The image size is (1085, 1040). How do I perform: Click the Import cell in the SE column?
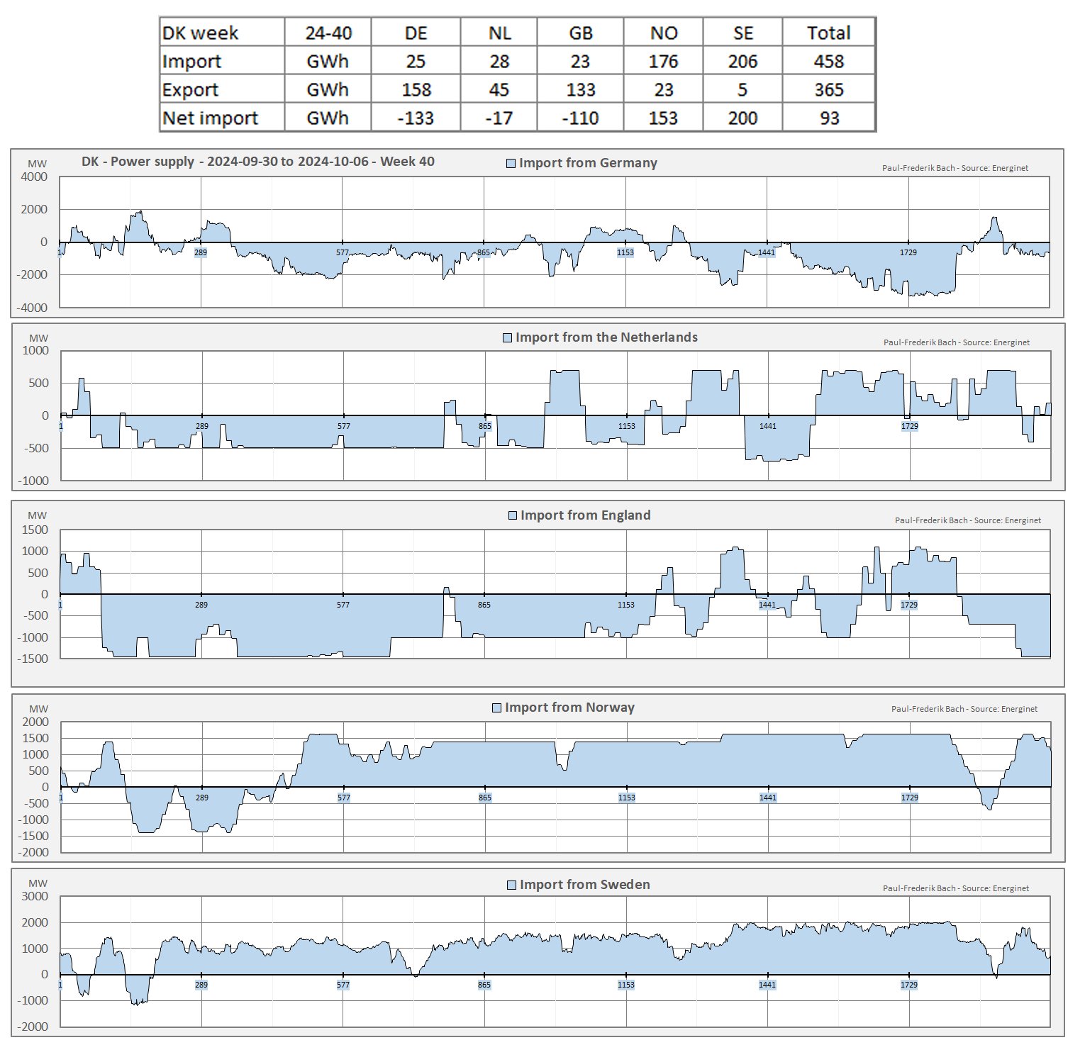742,62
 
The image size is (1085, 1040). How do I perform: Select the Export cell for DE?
416,90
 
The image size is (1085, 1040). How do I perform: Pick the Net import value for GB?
580,118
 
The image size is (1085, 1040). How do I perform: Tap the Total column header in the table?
828,33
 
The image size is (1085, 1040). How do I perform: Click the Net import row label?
210,118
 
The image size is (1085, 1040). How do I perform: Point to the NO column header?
663,33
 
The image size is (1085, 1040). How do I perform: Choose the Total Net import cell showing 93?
829,118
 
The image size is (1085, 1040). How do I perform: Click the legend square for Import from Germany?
511,164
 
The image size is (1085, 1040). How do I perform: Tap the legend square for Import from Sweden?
511,885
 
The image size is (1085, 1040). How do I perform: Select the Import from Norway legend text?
569,708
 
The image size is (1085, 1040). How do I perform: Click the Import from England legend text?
585,515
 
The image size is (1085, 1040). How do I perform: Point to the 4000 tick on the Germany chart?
34,177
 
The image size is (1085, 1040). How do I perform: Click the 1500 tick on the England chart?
35,530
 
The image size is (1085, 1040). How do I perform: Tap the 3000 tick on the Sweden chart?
35,896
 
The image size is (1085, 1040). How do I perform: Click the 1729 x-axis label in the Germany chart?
908,252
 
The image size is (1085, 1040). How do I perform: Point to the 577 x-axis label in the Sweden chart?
343,985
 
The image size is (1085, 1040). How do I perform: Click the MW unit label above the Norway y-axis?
38,709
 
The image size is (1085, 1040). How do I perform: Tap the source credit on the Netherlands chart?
956,342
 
